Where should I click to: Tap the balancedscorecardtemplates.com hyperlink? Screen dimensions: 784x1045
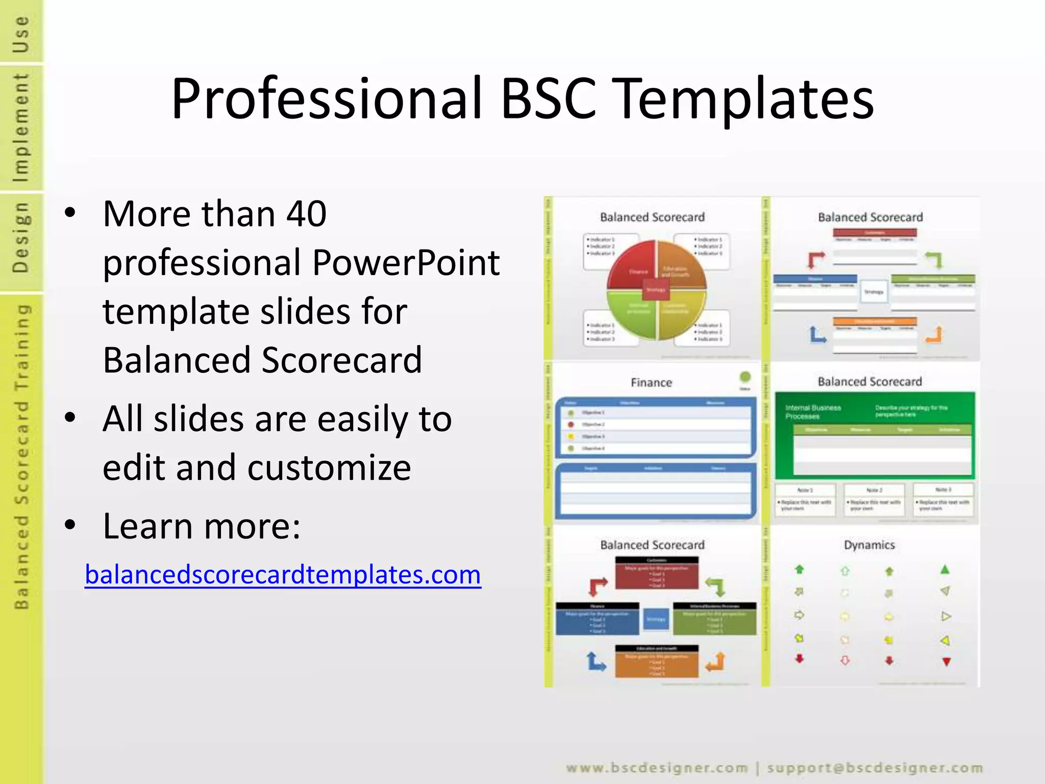[x=283, y=575]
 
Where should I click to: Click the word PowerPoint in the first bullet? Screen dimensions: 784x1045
[x=406, y=262]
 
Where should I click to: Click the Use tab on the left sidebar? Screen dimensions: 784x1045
[x=21, y=33]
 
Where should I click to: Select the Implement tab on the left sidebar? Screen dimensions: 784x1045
[x=21, y=128]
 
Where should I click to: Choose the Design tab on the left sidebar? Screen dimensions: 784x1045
[x=21, y=237]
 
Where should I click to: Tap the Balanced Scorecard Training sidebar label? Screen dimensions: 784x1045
[x=21, y=457]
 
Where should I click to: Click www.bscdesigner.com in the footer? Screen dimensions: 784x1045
[x=657, y=768]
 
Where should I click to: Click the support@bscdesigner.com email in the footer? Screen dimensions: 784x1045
[x=875, y=768]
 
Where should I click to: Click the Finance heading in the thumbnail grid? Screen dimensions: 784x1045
[x=651, y=382]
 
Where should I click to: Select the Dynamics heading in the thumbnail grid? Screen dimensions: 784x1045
[x=869, y=545]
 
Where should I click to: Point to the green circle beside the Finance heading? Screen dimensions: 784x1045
[x=745, y=377]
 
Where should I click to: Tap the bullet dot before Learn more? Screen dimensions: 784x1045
[x=70, y=525]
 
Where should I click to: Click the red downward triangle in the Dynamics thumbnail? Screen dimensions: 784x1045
[x=946, y=661]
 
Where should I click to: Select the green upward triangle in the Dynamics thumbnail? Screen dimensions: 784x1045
[x=944, y=570]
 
